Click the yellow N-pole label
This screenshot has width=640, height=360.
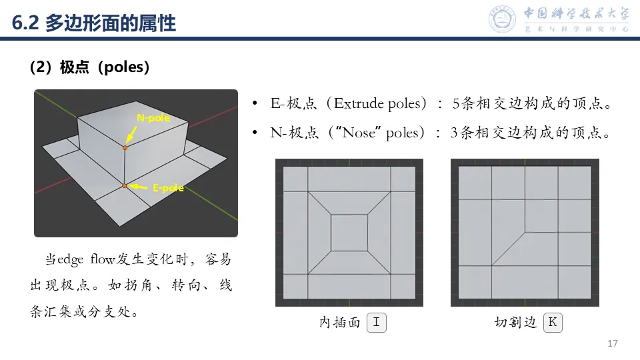point(153,118)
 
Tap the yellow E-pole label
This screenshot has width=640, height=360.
point(168,188)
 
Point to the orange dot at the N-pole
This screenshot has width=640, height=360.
point(125,148)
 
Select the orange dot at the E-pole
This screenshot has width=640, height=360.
point(125,186)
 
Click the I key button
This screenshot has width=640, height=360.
point(376,323)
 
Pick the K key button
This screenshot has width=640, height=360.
point(553,323)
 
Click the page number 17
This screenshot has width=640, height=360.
point(613,343)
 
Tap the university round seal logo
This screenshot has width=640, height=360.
point(503,19)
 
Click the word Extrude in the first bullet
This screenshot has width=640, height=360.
point(359,103)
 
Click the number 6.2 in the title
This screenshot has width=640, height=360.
point(25,23)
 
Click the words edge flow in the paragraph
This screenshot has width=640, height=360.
point(86,259)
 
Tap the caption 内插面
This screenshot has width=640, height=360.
point(339,323)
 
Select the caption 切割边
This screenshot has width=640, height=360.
point(515,323)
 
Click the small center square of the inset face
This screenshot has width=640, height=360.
point(349,233)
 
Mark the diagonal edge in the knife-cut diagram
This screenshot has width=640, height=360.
point(508,249)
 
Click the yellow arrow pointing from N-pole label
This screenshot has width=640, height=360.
point(131,134)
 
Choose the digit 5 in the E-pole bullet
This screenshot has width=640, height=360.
point(456,104)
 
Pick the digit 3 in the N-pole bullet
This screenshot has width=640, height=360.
point(454,133)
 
